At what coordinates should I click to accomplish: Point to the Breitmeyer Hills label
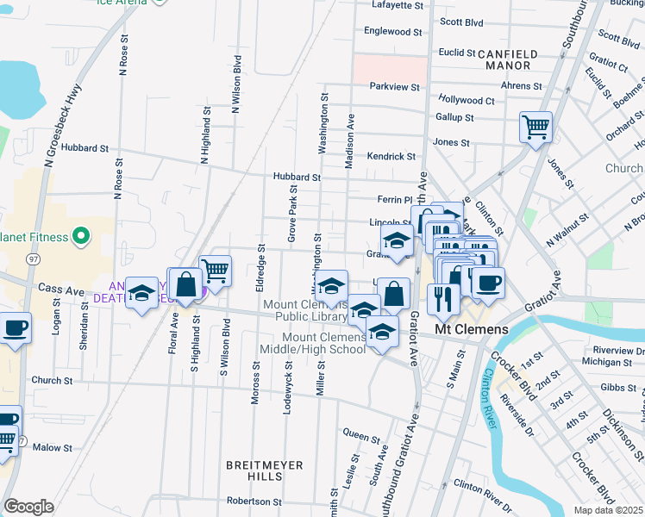pyautogui.click(x=265, y=471)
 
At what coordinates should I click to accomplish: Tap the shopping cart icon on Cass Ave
pyautogui.click(x=215, y=271)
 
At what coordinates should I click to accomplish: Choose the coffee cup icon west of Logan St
pyautogui.click(x=15, y=328)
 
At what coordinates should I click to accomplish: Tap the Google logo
pyautogui.click(x=28, y=507)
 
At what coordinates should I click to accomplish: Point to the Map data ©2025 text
pyautogui.click(x=609, y=510)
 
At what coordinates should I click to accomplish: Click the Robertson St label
pyautogui.click(x=254, y=501)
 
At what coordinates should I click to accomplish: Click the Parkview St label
pyautogui.click(x=394, y=87)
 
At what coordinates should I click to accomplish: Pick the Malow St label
pyautogui.click(x=53, y=447)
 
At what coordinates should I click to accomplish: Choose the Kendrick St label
pyautogui.click(x=391, y=157)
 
